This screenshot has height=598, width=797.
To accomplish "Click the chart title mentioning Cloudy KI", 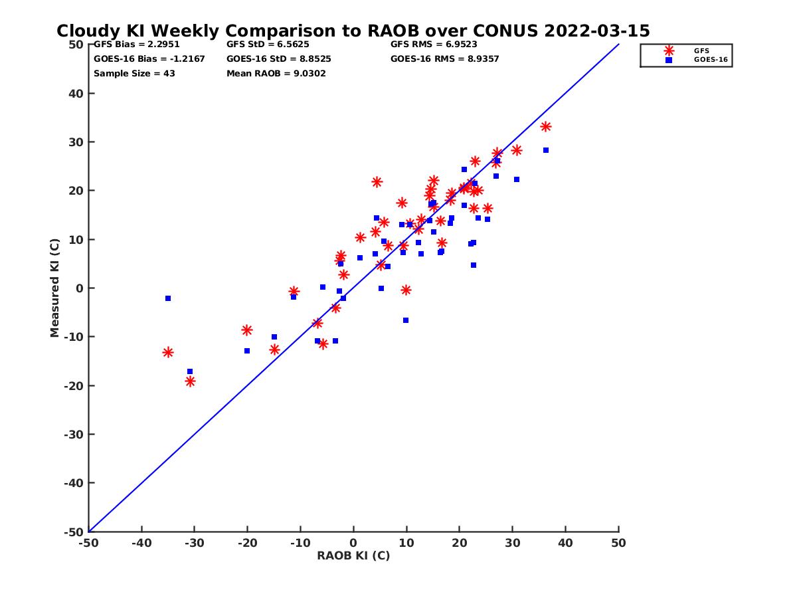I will click(353, 31).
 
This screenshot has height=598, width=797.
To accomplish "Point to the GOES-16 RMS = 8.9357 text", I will click(444, 59).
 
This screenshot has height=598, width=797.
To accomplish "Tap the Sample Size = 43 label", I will click(134, 74).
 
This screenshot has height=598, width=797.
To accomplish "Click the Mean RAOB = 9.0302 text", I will click(276, 74).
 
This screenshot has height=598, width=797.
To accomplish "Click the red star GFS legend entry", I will click(669, 50).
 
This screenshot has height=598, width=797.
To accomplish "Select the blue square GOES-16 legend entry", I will click(669, 60).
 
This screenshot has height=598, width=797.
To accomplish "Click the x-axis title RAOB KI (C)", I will click(353, 555).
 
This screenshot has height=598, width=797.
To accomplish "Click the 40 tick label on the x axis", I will click(565, 543).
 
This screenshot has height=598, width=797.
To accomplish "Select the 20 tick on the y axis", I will click(76, 191).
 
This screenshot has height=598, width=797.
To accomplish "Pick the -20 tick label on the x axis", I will click(246, 543).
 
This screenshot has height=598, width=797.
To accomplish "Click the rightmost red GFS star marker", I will click(546, 127).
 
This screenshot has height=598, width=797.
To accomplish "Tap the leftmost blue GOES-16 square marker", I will click(168, 298).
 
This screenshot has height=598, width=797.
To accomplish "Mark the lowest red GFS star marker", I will click(190, 381).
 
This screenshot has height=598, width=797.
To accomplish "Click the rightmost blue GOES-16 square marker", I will click(546, 150).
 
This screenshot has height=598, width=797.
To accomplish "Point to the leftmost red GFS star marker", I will click(168, 352).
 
